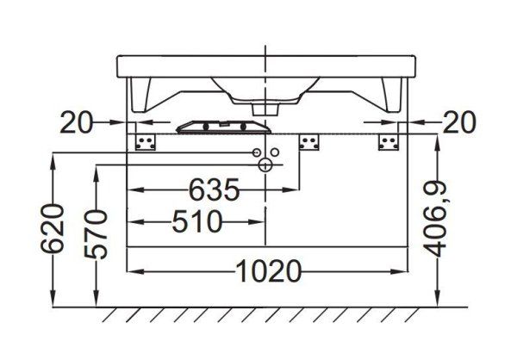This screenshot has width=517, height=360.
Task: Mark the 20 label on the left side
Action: click(78, 123)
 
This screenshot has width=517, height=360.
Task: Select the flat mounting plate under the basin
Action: click(220, 127)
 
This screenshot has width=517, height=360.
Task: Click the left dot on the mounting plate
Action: click(207, 127)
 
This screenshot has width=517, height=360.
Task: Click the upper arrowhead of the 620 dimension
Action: click(54, 159)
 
